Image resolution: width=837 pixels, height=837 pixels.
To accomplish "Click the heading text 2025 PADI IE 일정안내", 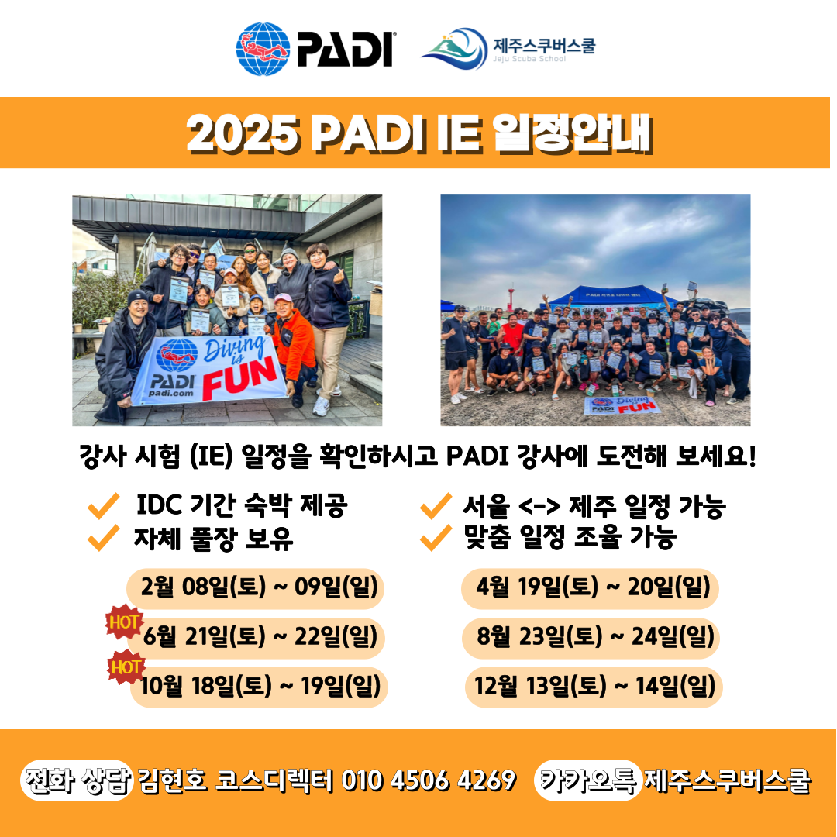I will (418, 133).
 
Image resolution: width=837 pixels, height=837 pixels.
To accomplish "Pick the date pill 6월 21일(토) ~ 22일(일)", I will (256, 638).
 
